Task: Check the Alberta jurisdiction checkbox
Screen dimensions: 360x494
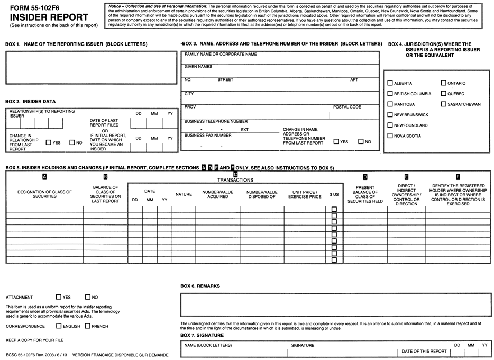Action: pyautogui.click(x=390, y=83)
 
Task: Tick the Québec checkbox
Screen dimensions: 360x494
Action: pyautogui.click(x=444, y=94)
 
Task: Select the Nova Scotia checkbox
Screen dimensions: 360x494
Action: pyautogui.click(x=390, y=136)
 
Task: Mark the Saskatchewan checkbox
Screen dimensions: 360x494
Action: pyautogui.click(x=444, y=104)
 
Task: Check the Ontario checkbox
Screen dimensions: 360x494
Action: pyautogui.click(x=444, y=83)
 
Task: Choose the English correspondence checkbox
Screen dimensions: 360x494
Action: pyautogui.click(x=59, y=326)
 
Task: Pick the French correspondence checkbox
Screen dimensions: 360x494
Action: pyautogui.click(x=88, y=326)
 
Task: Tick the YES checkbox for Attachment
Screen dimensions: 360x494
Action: pyautogui.click(x=59, y=297)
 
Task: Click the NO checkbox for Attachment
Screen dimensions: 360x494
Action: pyautogui.click(x=88, y=297)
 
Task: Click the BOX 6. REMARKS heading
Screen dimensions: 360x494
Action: pyautogui.click(x=200, y=286)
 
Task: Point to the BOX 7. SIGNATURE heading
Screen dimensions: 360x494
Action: pyautogui.click(x=202, y=336)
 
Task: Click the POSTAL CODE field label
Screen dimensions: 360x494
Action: pyautogui.click(x=347, y=107)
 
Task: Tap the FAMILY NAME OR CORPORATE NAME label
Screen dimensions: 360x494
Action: pyautogui.click(x=221, y=54)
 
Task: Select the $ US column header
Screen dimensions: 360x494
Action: pyautogui.click(x=334, y=195)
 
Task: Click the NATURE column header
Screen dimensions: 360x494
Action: pyautogui.click(x=184, y=195)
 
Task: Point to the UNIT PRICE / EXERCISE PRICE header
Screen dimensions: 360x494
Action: pyautogui.click(x=305, y=195)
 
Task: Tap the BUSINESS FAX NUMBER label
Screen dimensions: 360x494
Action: pyautogui.click(x=208, y=136)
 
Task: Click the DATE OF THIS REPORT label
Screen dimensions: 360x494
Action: pyautogui.click(x=424, y=351)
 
